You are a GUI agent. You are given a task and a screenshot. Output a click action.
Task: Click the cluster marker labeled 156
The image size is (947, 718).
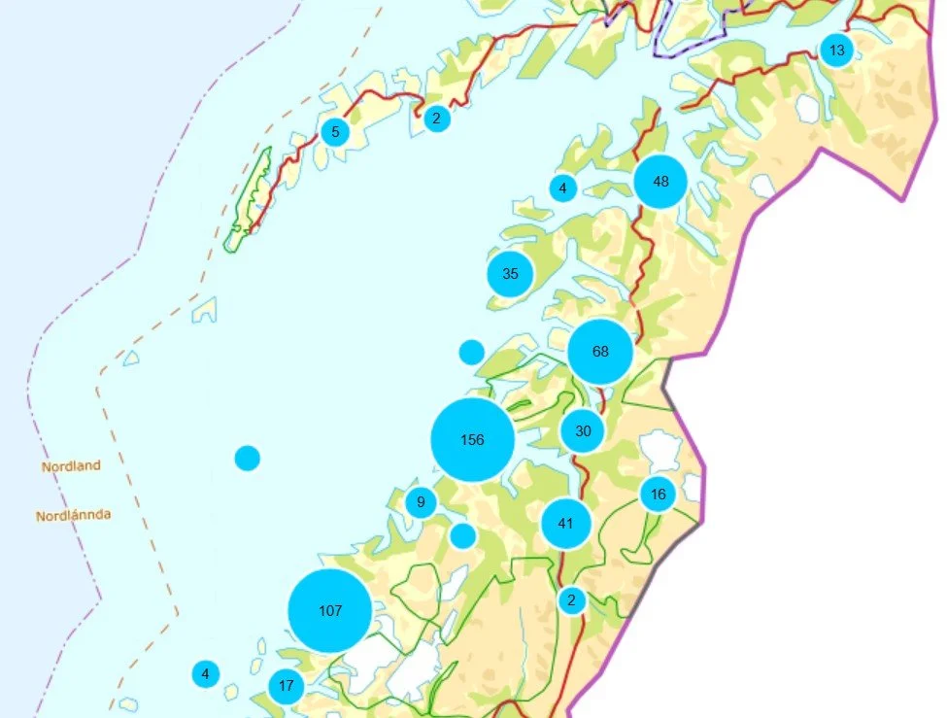(x=472, y=440)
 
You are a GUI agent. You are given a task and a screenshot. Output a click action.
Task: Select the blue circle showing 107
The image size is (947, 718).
(x=330, y=611)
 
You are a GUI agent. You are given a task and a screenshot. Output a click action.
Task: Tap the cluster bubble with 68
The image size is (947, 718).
(x=600, y=352)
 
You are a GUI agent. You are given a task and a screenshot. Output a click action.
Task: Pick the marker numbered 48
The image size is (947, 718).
(x=660, y=182)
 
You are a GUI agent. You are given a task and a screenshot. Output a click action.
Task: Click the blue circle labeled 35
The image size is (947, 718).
(x=510, y=274)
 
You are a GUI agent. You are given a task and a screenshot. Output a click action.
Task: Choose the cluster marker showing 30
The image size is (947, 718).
(x=583, y=431)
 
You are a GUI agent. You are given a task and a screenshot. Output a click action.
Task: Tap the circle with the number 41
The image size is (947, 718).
(x=566, y=524)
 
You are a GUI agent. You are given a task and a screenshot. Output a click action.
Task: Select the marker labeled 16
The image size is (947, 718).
(x=658, y=495)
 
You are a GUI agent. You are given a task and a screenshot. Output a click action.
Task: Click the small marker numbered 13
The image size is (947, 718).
(x=836, y=51)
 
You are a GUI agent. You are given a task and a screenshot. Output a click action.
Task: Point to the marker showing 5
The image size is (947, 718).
(x=335, y=132)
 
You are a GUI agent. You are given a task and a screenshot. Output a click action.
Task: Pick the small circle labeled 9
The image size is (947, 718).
(x=421, y=503)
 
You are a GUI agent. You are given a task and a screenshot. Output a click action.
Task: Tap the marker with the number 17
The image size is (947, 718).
(x=286, y=687)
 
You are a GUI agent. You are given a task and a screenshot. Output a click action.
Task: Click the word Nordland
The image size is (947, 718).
(x=71, y=466)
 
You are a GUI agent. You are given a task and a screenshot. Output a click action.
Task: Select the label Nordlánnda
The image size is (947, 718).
(x=73, y=516)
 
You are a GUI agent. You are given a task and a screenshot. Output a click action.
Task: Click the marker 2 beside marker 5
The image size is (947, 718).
(x=437, y=120)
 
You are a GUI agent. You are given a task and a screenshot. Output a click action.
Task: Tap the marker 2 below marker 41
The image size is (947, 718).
(x=571, y=600)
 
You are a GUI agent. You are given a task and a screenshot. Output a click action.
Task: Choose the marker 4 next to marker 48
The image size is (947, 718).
(x=562, y=188)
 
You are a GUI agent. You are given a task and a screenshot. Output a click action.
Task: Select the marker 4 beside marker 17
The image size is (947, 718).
(x=205, y=673)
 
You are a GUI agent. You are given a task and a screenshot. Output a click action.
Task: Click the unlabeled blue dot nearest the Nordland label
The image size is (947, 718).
(x=248, y=458)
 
